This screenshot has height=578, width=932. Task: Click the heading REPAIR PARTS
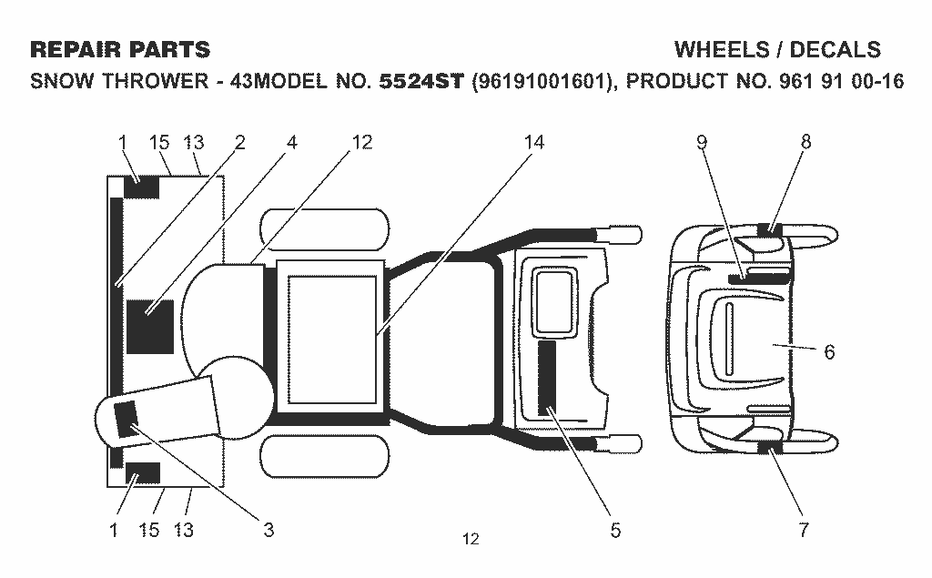[120, 50]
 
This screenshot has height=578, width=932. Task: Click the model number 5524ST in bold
[420, 81]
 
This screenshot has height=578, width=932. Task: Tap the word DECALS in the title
[835, 50]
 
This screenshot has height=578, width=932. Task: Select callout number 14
[533, 142]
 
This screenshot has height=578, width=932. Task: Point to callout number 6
[829, 352]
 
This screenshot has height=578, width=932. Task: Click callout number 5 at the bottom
[615, 529]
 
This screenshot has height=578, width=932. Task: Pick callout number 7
[804, 529]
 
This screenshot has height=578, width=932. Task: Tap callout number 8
[805, 141]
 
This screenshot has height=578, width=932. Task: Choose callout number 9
[702, 142]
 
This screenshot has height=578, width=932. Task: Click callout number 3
[268, 529]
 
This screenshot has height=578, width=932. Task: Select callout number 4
[291, 142]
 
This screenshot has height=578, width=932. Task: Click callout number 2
[239, 142]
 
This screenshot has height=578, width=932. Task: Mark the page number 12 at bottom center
[471, 540]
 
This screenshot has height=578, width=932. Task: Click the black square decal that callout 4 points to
[150, 327]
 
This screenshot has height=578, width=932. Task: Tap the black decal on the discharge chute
[126, 420]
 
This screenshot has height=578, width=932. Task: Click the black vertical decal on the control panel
[547, 378]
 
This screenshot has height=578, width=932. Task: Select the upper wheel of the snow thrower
[325, 229]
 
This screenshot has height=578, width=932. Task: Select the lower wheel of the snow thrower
[325, 455]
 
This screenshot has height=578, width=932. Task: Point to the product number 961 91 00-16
[840, 81]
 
